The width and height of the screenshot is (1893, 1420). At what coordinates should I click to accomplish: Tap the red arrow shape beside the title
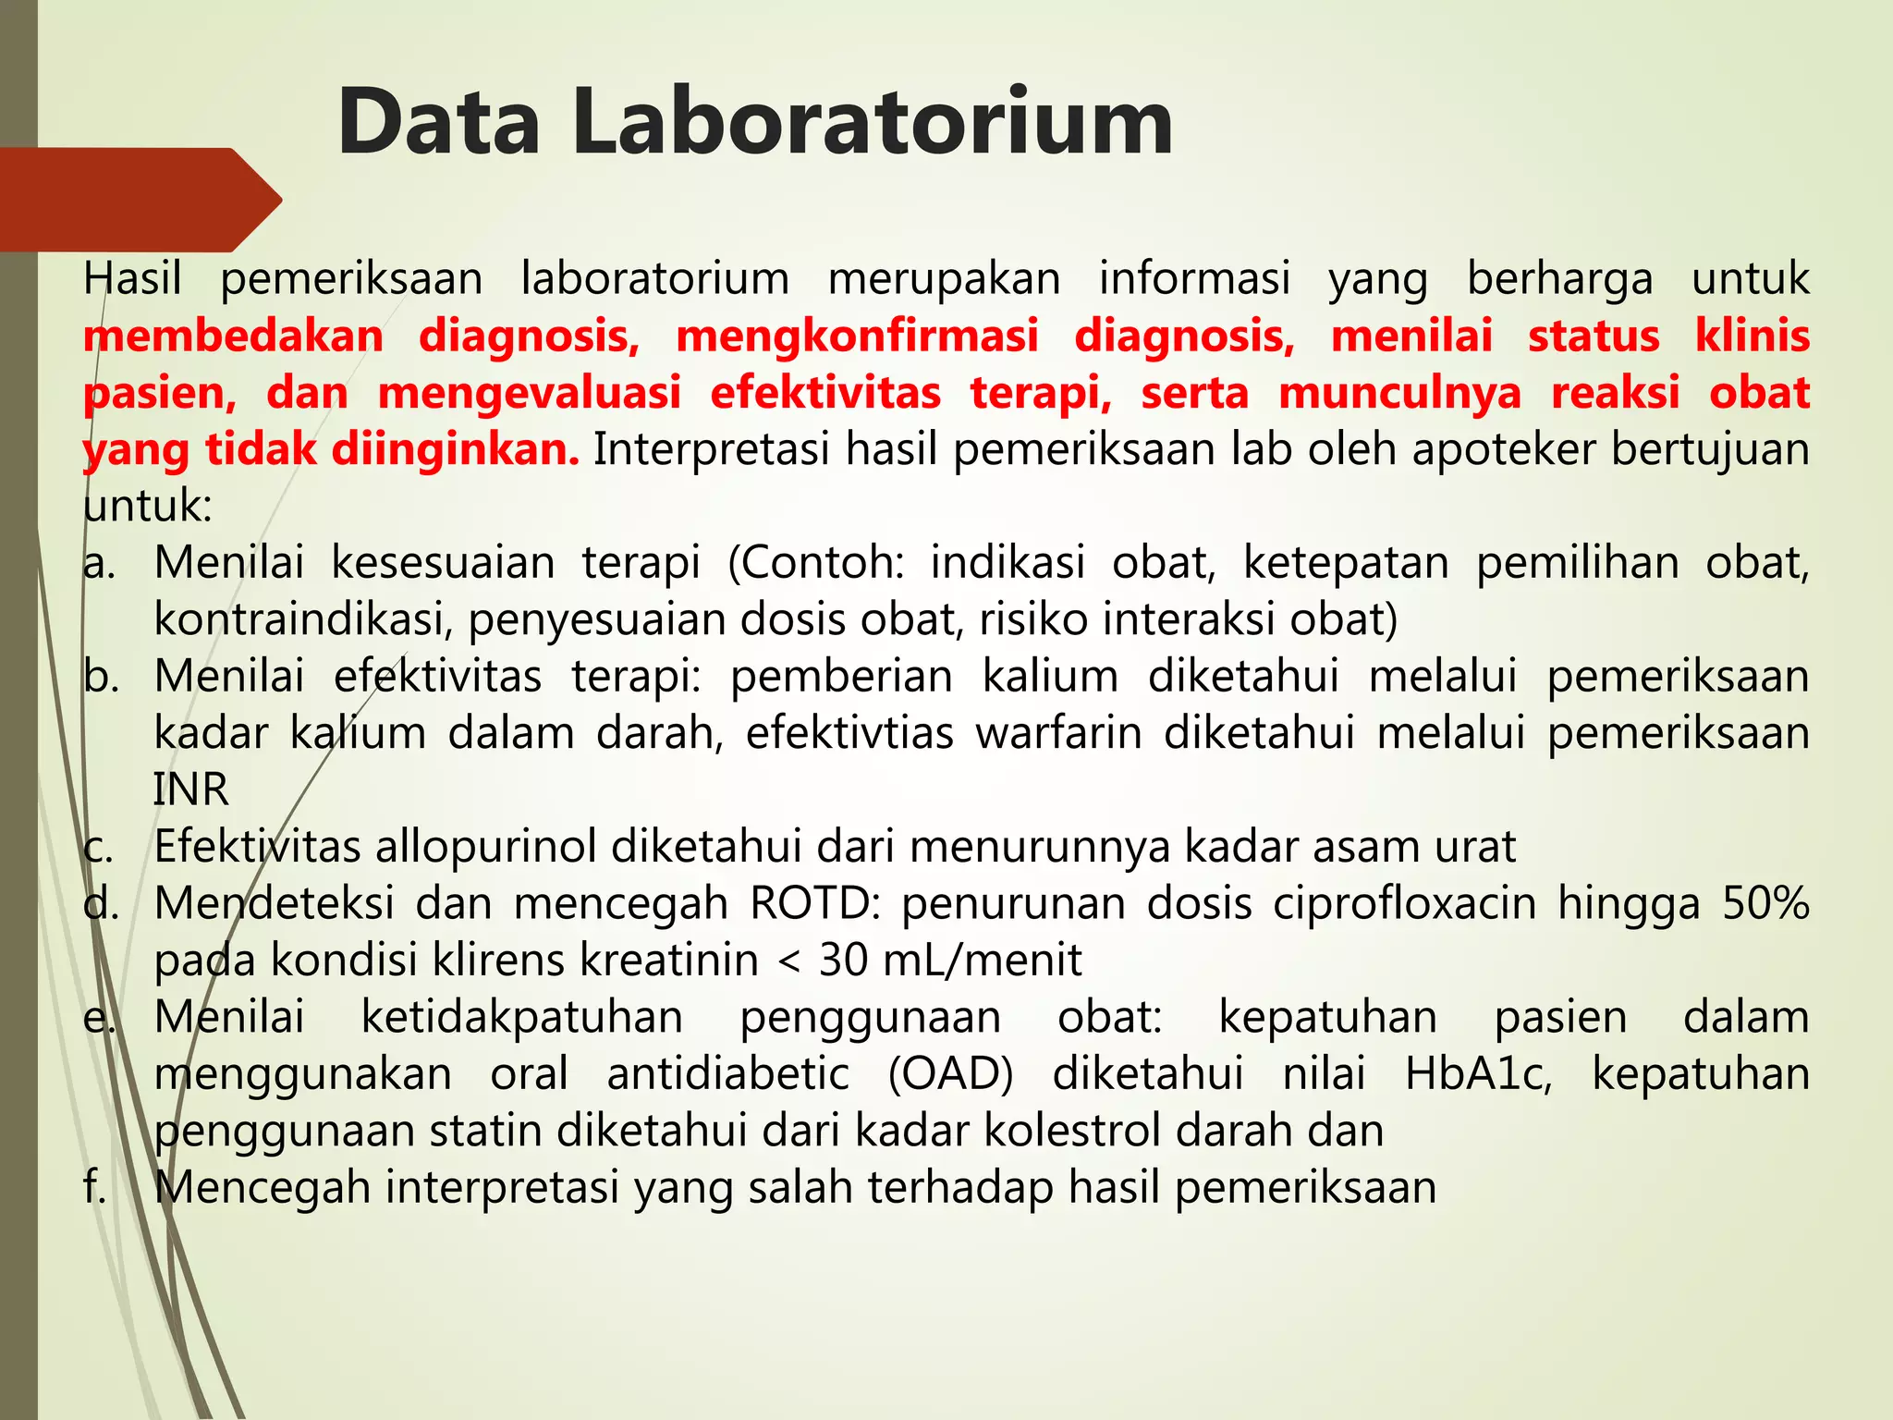[139, 200]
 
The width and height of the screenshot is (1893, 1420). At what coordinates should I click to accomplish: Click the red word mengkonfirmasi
[857, 337]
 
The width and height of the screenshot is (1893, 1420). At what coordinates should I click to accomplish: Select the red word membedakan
[233, 337]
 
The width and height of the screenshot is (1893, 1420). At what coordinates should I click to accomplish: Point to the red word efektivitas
[824, 393]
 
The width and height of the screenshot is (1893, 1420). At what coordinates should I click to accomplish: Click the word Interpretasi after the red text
[711, 450]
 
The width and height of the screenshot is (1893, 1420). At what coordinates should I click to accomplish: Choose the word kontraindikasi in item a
[302, 619]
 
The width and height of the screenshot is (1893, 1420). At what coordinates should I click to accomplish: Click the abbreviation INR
[190, 790]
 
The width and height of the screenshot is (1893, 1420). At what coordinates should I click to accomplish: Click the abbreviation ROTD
[814, 903]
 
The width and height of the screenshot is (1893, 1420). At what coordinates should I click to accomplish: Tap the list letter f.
[92, 1187]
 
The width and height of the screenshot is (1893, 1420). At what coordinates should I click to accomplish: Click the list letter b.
[100, 677]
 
